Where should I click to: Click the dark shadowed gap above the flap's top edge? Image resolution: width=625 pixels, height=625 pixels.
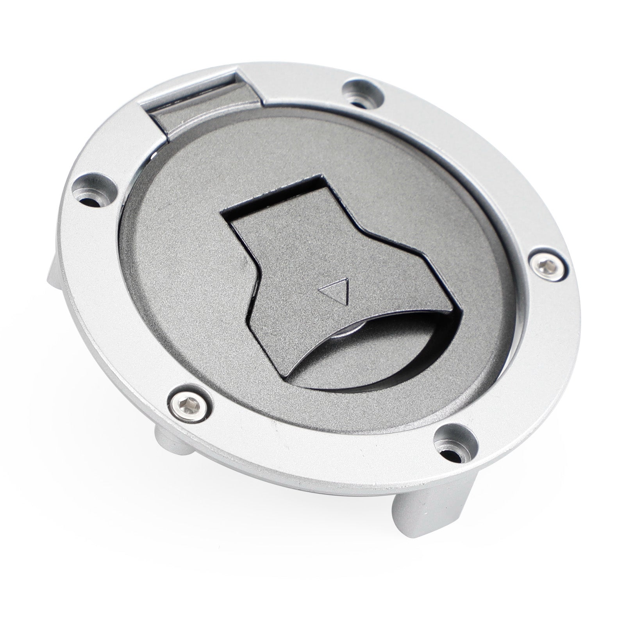coord(273,195)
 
